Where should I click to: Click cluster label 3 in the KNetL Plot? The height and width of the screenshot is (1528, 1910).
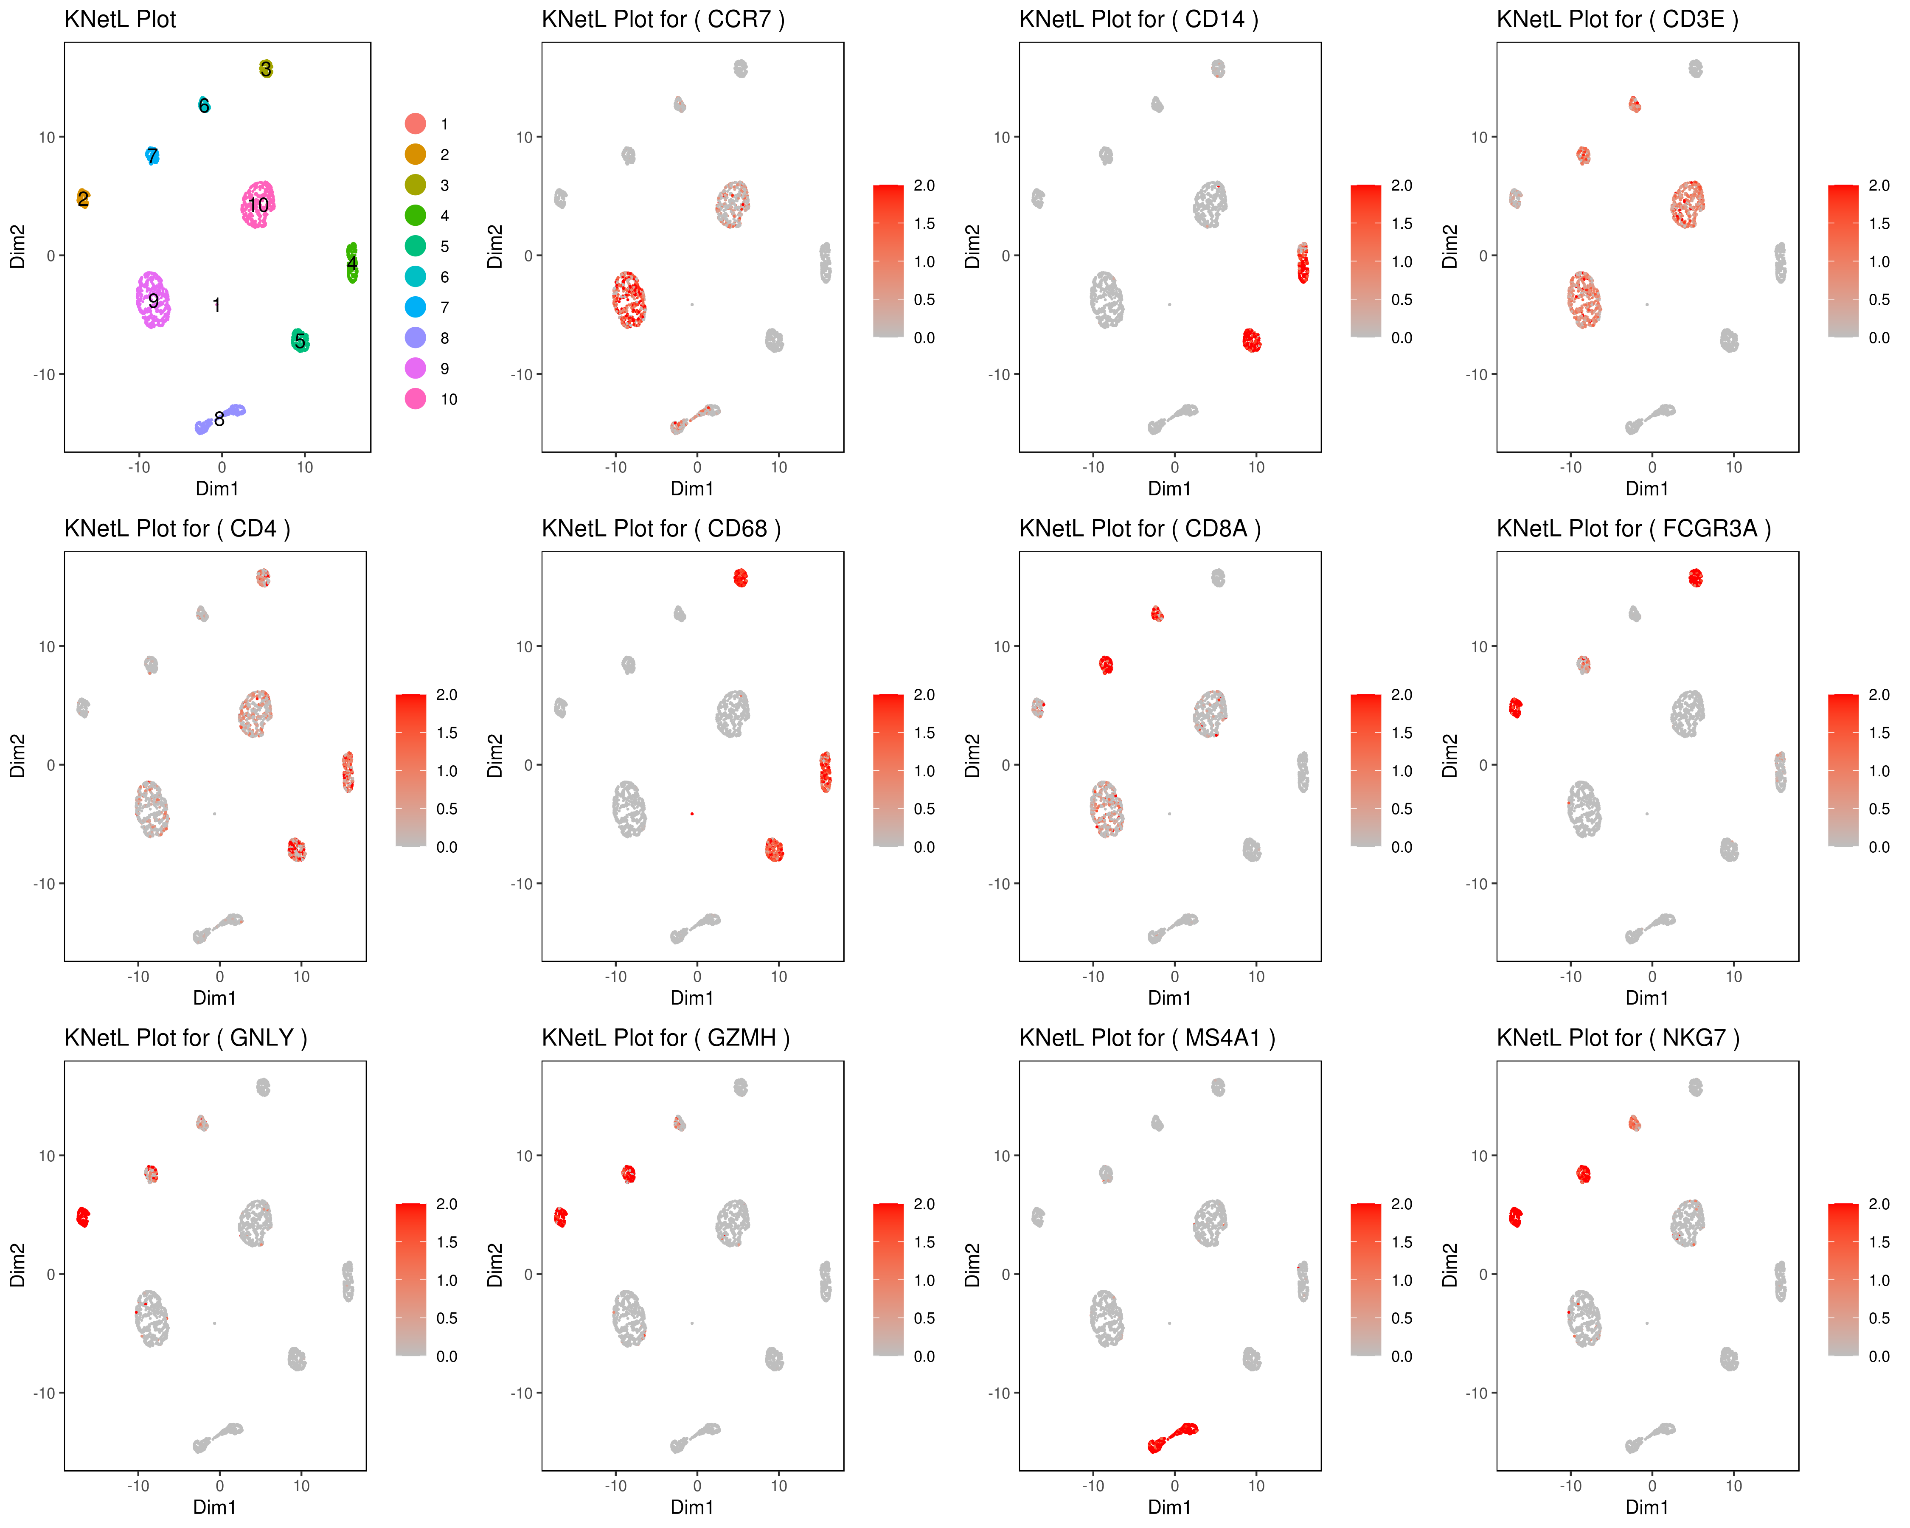click(x=266, y=69)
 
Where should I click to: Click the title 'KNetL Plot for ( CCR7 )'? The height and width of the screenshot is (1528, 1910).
click(x=663, y=20)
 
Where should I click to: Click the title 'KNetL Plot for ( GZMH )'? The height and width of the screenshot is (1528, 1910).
click(x=665, y=1038)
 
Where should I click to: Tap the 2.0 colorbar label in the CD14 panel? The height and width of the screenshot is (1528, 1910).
click(x=1402, y=185)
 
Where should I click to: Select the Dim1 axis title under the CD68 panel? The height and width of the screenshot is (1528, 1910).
click(x=692, y=998)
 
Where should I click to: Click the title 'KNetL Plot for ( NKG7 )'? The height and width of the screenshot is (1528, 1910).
click(x=1618, y=1038)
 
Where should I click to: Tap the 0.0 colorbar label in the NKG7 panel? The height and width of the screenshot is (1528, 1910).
click(x=1878, y=1356)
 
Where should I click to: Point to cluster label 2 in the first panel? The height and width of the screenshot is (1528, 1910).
click(x=82, y=198)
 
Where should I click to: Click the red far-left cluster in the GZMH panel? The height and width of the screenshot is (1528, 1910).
click(x=560, y=1217)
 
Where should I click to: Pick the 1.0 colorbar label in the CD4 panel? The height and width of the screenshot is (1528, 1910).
click(x=447, y=771)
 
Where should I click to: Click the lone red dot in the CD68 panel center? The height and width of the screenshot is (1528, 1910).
click(x=692, y=813)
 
